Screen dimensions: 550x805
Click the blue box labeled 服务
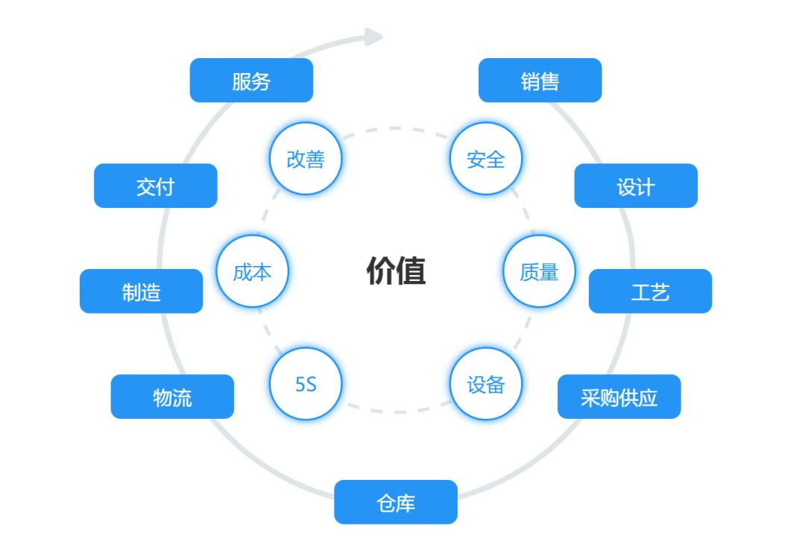click(x=251, y=80)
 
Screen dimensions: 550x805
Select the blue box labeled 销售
click(x=540, y=80)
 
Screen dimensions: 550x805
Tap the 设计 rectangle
click(x=636, y=186)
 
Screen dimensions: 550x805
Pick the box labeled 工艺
click(x=650, y=291)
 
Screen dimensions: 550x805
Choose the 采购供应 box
click(x=619, y=396)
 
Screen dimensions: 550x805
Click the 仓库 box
click(x=395, y=502)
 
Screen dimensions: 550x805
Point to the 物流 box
click(x=172, y=396)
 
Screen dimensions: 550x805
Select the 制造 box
click(x=141, y=291)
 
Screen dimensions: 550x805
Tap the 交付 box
click(x=155, y=186)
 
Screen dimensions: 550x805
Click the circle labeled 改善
click(x=305, y=159)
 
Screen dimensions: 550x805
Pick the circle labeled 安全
click(x=486, y=159)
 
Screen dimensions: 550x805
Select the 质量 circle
click(x=539, y=271)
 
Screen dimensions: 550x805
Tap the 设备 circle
click(x=486, y=384)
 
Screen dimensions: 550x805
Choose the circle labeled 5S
click(x=305, y=384)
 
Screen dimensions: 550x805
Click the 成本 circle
click(x=252, y=271)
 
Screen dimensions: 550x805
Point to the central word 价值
click(x=396, y=271)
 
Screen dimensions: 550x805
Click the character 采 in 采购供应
click(x=590, y=397)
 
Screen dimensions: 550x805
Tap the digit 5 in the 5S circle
click(x=300, y=385)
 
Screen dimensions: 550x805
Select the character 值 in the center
click(x=411, y=271)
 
